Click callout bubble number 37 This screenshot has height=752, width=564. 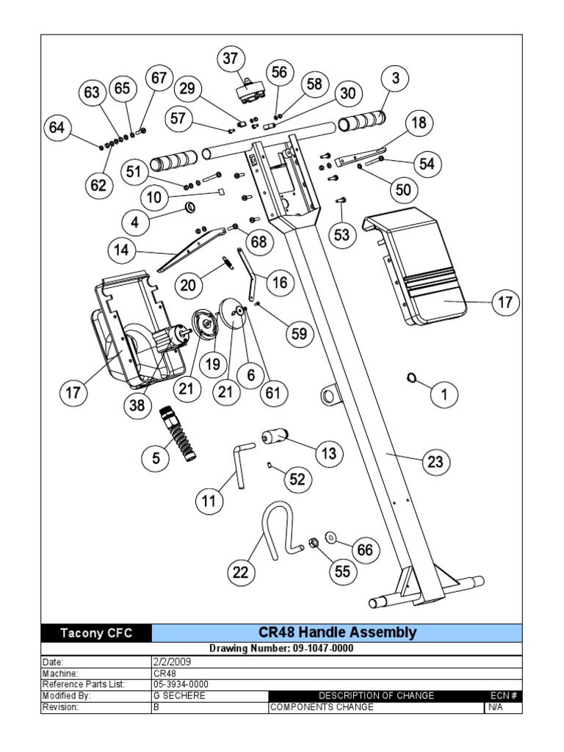click(232, 59)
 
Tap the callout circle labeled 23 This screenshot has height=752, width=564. click(435, 462)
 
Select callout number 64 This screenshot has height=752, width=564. click(57, 128)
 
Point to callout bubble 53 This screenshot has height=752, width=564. click(342, 235)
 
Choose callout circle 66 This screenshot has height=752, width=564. click(365, 549)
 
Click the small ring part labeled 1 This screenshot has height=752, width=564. click(411, 378)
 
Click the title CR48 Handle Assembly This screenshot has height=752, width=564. click(337, 632)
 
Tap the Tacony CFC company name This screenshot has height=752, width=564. click(96, 633)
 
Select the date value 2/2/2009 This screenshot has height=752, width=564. click(172, 661)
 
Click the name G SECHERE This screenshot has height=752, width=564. click(179, 695)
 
